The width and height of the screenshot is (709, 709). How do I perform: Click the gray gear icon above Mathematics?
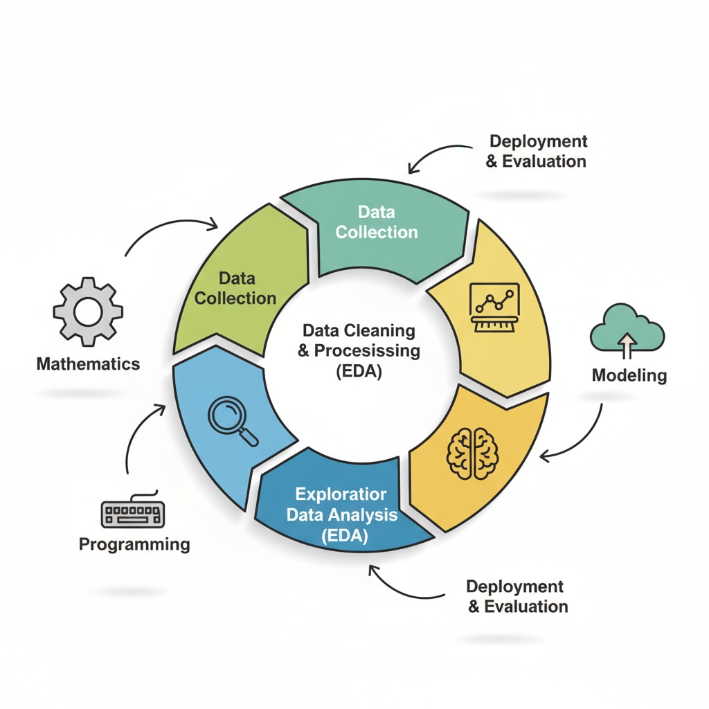[88, 312]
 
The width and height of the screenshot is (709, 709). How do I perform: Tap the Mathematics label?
[88, 364]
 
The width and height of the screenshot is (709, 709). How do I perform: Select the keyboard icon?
[132, 513]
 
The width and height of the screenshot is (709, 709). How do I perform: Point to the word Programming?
[134, 544]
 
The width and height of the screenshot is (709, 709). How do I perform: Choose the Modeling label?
[629, 376]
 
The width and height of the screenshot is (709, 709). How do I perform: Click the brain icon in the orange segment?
[474, 454]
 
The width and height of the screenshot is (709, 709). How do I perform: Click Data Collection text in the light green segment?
[235, 289]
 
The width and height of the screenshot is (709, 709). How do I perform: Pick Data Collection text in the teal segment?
[377, 222]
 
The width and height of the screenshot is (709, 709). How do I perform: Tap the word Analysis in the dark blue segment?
[363, 515]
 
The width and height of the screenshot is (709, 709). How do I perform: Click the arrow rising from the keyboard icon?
[138, 436]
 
